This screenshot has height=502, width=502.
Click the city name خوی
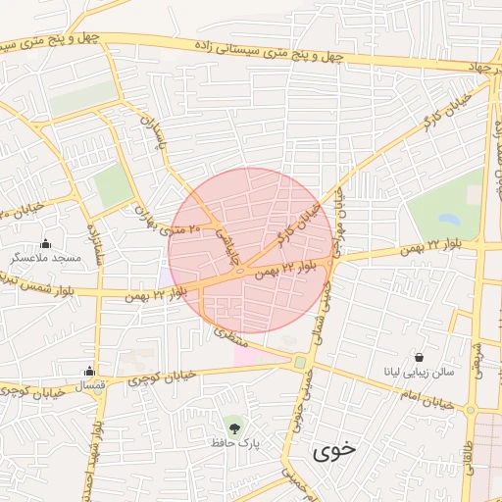click(x=333, y=452)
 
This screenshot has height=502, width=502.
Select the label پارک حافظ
click(x=234, y=443)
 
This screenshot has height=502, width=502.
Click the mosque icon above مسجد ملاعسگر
click(x=45, y=244)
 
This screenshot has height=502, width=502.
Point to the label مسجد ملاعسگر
click(x=45, y=258)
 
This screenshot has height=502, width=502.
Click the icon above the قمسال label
click(x=90, y=371)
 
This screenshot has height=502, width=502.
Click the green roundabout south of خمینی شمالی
click(x=299, y=363)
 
